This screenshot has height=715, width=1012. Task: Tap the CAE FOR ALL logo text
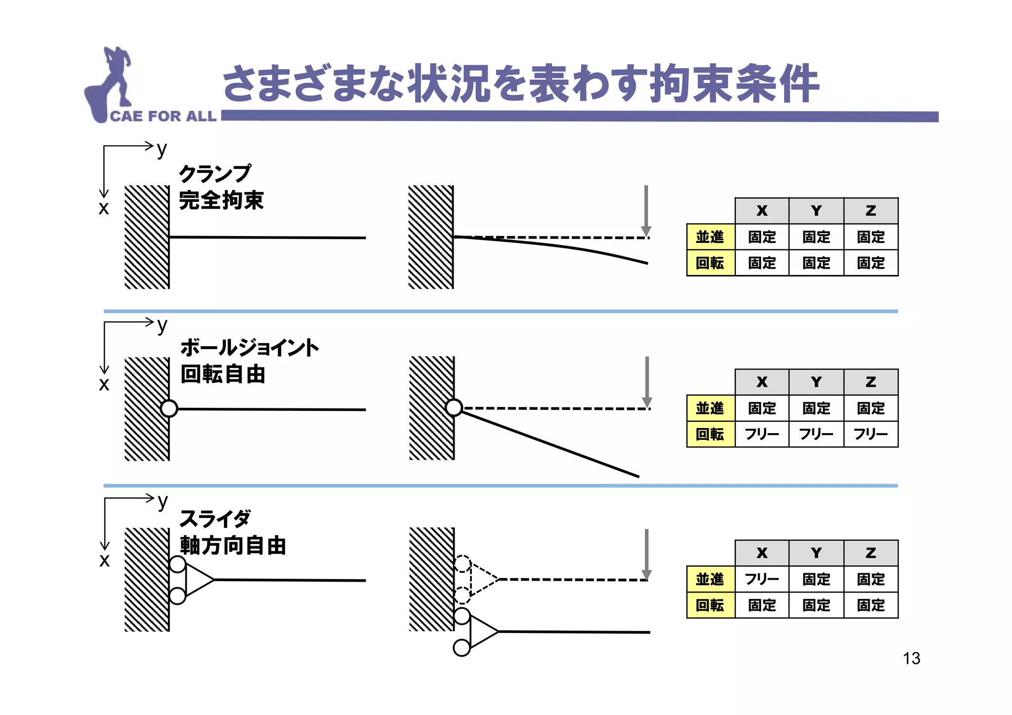[163, 116]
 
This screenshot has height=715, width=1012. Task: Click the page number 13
[911, 658]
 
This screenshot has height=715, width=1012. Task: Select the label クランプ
[215, 174]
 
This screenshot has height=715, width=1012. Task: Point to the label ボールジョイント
[250, 348]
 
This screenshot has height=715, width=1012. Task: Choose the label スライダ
[215, 519]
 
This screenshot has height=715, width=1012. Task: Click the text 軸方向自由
[233, 546]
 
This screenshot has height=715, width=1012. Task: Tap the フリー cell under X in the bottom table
[761, 579]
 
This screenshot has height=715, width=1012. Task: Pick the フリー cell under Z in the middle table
[871, 435]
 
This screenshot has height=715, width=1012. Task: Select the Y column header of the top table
[816, 211]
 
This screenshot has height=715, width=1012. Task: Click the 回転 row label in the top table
[710, 263]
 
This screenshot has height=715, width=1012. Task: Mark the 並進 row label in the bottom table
[710, 579]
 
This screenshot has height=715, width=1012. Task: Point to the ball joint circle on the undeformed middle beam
[169, 408]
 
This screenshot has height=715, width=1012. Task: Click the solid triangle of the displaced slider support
[483, 632]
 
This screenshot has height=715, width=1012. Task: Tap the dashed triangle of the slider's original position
[483, 579]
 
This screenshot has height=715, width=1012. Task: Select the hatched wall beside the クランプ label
[147, 237]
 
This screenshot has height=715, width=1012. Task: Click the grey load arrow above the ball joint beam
[647, 382]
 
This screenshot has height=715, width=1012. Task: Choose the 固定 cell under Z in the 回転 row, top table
[871, 263]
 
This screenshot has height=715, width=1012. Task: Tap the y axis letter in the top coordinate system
[162, 149]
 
